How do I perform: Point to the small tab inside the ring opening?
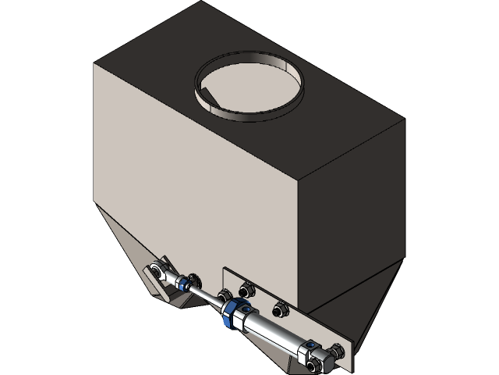(x=204, y=98)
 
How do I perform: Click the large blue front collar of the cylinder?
(x=233, y=314)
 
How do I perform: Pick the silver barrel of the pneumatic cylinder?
(x=273, y=333)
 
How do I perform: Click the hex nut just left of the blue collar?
(x=224, y=296)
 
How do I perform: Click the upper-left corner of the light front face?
(x=94, y=65)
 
